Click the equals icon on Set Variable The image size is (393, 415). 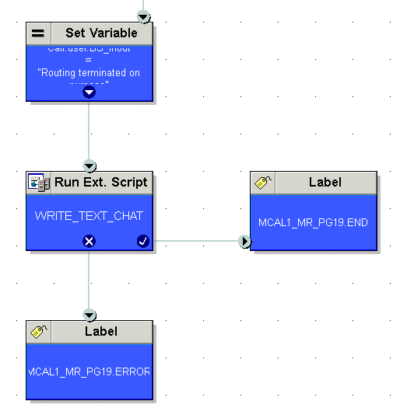coord(38,33)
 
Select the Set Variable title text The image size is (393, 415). coord(101,33)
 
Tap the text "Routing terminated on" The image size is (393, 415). coord(89,73)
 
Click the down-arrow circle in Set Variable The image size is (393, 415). coord(89,92)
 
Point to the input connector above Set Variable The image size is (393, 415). coord(142,16)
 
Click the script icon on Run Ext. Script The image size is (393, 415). coord(38,183)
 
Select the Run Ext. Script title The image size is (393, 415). coord(101,183)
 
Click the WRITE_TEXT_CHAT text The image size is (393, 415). coord(89,215)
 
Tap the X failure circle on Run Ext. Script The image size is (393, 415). coord(89,241)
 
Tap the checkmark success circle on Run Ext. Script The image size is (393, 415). coord(142,241)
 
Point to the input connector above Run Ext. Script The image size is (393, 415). coord(89,166)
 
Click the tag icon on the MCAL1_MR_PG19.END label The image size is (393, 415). coord(263,183)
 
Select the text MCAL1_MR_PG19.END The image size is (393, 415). coord(313,222)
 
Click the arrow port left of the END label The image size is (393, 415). coord(246,241)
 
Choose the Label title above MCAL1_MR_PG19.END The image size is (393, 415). coord(325,183)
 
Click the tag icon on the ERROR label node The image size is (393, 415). coord(38,332)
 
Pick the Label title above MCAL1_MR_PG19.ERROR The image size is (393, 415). coord(101,332)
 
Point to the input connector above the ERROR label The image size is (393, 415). coord(89,315)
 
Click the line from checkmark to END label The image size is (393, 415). coord(195,241)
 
